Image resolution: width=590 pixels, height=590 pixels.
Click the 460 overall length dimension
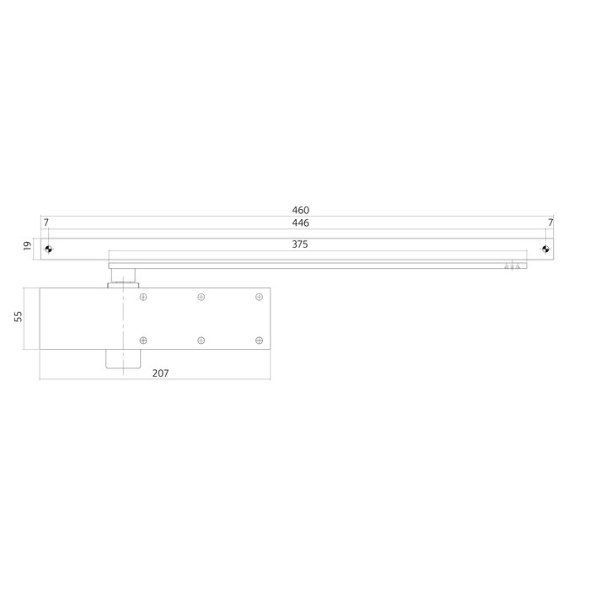[300, 210]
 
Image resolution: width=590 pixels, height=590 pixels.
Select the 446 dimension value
[300, 223]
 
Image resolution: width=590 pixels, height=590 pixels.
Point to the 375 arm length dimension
[300, 245]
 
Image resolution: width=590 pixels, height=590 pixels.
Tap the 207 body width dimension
[161, 373]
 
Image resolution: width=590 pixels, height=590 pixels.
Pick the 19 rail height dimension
[27, 246]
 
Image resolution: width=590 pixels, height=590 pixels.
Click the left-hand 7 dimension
[46, 223]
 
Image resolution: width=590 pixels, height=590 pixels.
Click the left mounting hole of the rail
[49, 249]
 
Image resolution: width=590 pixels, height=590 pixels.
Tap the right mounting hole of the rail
[545, 249]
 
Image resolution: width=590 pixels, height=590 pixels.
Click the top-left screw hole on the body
[143, 297]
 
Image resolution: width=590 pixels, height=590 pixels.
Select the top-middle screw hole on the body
[201, 297]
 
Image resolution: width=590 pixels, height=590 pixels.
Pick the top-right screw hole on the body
[258, 297]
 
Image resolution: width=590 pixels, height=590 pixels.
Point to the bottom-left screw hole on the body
[143, 340]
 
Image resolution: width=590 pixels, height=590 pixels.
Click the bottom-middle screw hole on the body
[201, 340]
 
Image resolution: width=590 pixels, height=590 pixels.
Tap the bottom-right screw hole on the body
[258, 340]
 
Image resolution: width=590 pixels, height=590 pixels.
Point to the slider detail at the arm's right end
[512, 265]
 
